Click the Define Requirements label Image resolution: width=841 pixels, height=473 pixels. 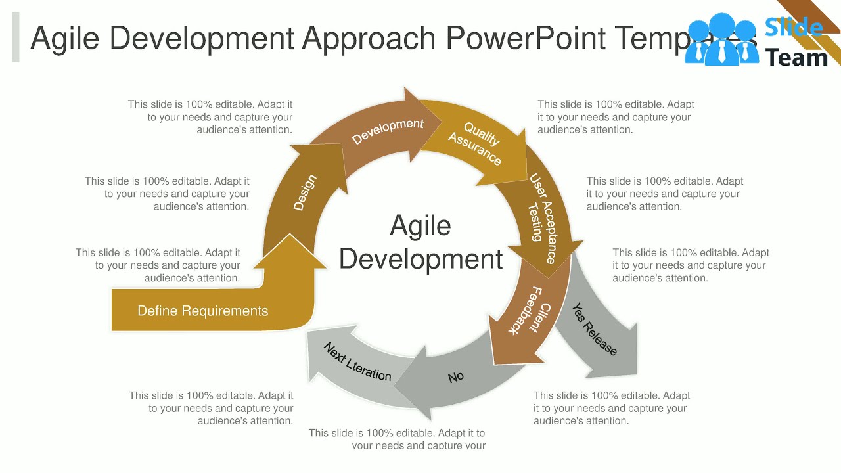click(202, 311)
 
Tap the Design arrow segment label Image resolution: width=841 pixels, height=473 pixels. click(304, 192)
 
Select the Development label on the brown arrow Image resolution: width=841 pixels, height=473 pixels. click(388, 131)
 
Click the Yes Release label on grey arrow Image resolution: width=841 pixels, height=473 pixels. click(594, 329)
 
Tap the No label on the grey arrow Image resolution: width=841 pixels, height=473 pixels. click(455, 377)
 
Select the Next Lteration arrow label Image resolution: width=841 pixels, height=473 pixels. click(357, 362)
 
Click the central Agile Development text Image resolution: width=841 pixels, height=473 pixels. click(420, 242)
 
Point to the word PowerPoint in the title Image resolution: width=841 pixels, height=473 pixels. click(526, 38)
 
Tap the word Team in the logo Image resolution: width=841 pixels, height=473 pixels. click(796, 58)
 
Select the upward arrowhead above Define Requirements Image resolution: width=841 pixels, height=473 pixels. click(289, 253)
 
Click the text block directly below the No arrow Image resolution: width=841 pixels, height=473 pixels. click(397, 439)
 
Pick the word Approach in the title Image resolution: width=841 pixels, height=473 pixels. click(369, 38)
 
